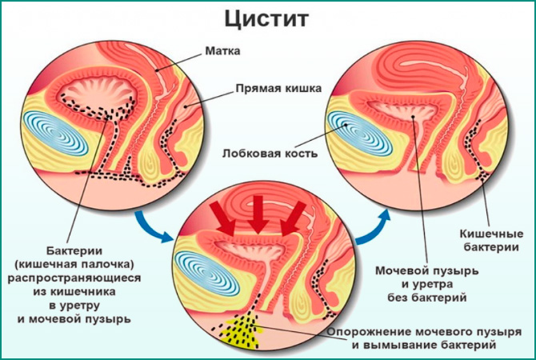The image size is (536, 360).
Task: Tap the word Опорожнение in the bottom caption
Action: pos(376,330)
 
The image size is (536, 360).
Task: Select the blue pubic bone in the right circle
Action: pos(358,133)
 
